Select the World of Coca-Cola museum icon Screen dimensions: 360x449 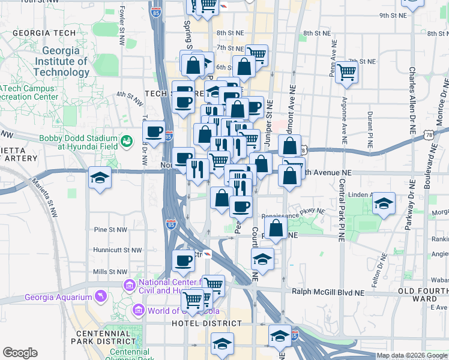(139, 310)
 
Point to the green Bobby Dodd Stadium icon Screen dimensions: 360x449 (127, 141)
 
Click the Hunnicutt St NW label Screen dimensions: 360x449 (118, 250)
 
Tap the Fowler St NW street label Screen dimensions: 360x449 (121, 19)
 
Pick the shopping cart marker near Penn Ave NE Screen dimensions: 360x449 (347, 72)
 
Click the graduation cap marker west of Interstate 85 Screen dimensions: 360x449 (100, 177)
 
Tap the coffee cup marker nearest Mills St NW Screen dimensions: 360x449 (183, 261)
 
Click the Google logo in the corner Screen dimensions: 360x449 (20, 353)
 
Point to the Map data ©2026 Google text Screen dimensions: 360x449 (411, 355)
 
